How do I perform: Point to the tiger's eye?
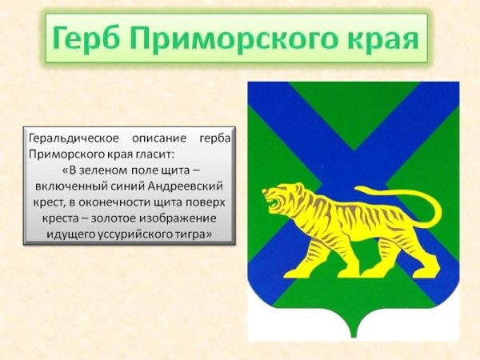click(281, 191)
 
